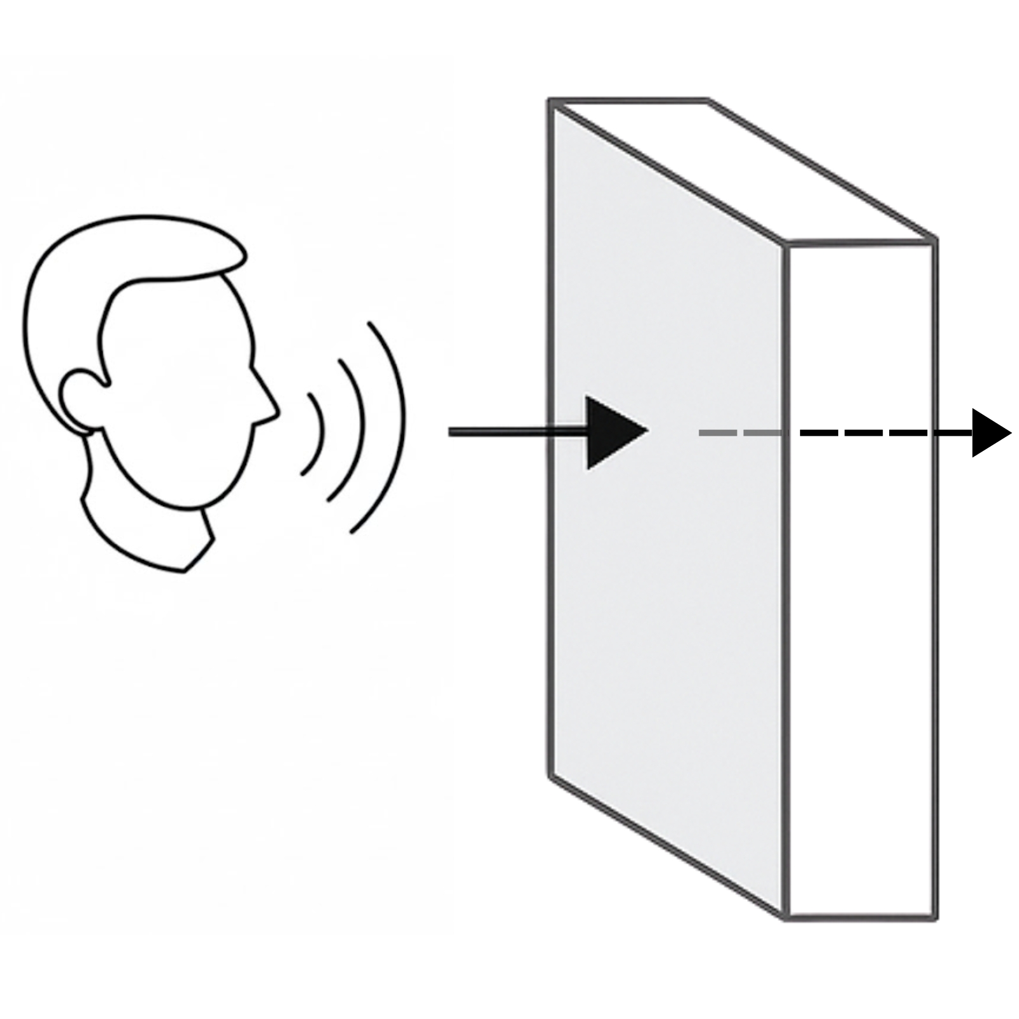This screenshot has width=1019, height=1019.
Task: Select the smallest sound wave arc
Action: coord(316,433)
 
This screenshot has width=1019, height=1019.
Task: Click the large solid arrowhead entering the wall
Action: coord(611,432)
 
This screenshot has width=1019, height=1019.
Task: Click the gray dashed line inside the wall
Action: coord(739,433)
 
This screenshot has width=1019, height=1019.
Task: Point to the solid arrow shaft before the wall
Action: coord(509,432)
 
